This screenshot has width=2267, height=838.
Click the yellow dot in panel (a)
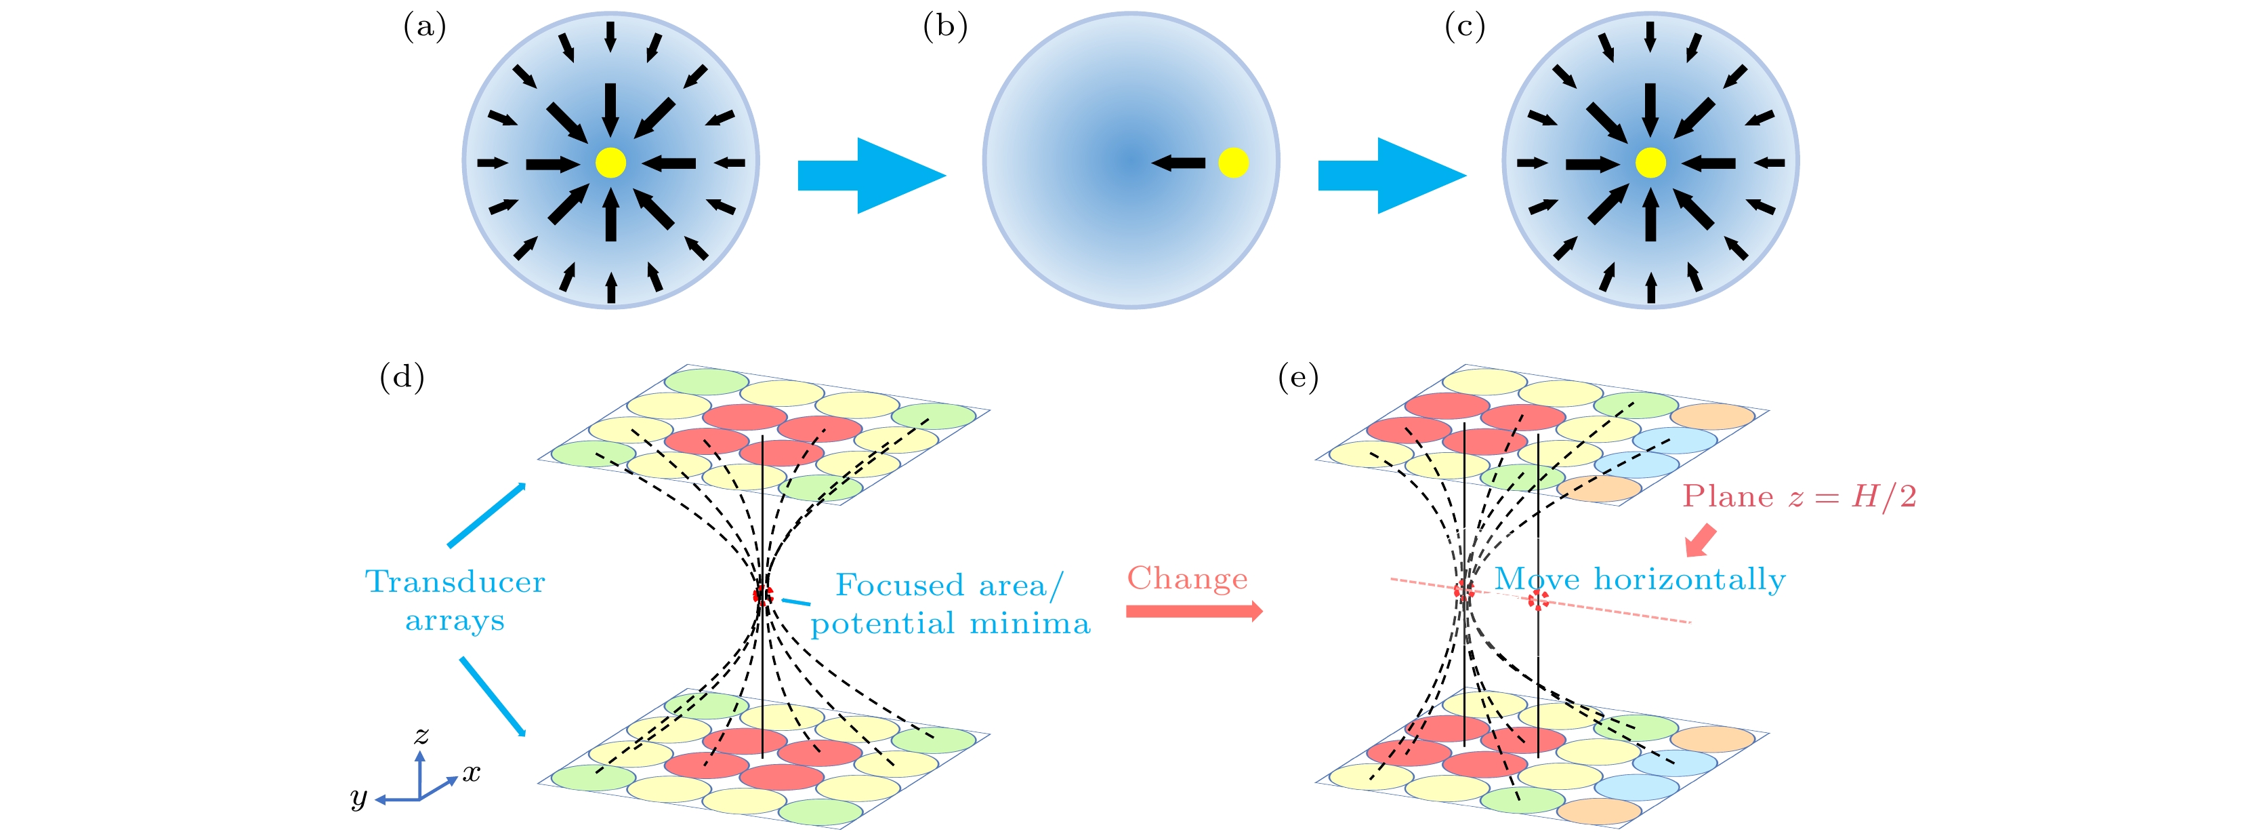(610, 163)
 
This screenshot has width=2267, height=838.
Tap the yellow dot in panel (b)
(1233, 163)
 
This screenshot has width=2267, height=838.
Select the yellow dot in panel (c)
(1650, 163)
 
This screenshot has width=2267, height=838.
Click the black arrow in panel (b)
(1178, 163)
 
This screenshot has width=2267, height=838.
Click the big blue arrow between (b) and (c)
(1390, 175)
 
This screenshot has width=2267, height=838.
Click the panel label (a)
(424, 27)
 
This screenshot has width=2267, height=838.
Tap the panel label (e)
(1298, 377)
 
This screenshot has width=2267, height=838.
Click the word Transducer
(455, 582)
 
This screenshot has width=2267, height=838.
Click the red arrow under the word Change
(1193, 611)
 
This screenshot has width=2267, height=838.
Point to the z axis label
(421, 734)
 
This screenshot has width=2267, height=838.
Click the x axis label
(472, 774)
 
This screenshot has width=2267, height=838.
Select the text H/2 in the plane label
(1884, 496)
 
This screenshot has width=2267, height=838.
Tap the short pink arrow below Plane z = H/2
(1701, 540)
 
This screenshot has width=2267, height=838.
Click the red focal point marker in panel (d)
(763, 595)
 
